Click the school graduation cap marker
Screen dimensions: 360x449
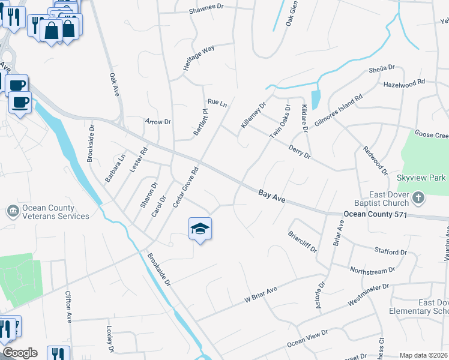click(200, 229)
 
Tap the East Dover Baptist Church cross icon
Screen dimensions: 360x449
click(419, 197)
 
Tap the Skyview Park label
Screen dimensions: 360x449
click(421, 178)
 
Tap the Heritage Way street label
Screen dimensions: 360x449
click(199, 59)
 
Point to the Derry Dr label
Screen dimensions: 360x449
click(299, 152)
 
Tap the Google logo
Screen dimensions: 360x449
click(20, 353)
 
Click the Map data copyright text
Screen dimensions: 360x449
click(423, 355)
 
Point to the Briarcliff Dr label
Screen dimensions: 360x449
click(302, 242)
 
